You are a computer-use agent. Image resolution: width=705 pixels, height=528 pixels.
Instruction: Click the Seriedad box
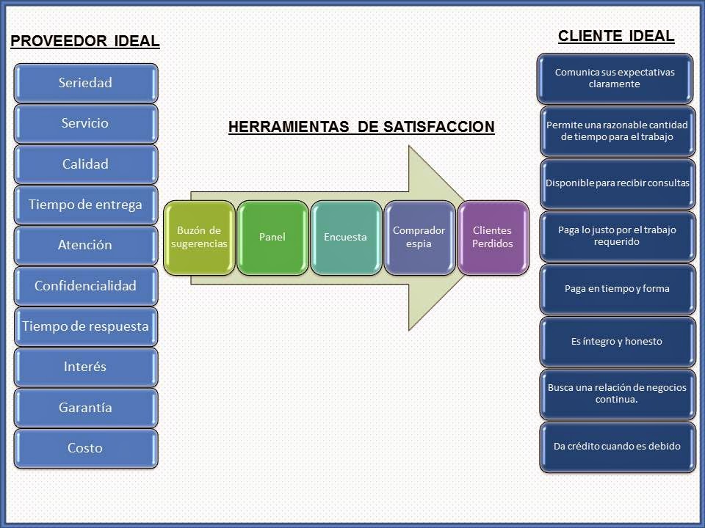pyautogui.click(x=85, y=83)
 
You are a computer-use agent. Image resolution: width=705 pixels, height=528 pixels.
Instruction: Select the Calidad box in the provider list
pyautogui.click(x=85, y=164)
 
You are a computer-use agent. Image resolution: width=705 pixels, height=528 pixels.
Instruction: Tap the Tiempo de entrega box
pyautogui.click(x=85, y=205)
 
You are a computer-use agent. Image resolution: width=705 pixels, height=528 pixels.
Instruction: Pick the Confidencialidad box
pyautogui.click(x=85, y=286)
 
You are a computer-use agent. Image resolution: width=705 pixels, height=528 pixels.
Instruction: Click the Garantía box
pyautogui.click(x=85, y=407)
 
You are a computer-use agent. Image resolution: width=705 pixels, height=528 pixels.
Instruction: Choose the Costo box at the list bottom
pyautogui.click(x=85, y=447)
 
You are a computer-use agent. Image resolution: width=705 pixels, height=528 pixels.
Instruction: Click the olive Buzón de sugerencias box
pyautogui.click(x=199, y=237)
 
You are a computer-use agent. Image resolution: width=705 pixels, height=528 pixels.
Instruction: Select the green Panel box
pyautogui.click(x=272, y=237)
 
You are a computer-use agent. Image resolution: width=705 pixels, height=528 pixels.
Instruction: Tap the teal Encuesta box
pyautogui.click(x=345, y=237)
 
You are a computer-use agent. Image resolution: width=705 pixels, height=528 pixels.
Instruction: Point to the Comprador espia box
pyautogui.click(x=419, y=237)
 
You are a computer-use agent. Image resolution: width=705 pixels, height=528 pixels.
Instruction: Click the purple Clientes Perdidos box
pyautogui.click(x=492, y=237)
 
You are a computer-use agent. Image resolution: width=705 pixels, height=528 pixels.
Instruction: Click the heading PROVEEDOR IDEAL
pyautogui.click(x=85, y=41)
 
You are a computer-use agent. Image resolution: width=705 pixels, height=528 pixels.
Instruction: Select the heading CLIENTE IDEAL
pyautogui.click(x=616, y=36)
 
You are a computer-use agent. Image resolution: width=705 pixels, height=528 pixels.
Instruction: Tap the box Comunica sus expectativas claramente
pyautogui.click(x=615, y=78)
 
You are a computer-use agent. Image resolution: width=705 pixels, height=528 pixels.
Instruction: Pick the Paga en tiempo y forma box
pyautogui.click(x=617, y=288)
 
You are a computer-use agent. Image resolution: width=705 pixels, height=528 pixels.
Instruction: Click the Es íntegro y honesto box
pyautogui.click(x=617, y=341)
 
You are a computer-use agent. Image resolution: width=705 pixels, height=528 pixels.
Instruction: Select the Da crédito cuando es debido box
pyautogui.click(x=617, y=446)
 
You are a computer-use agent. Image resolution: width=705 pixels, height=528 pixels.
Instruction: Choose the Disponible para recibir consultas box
pyautogui.click(x=617, y=183)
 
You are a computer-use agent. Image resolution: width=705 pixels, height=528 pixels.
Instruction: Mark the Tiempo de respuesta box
pyautogui.click(x=85, y=326)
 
